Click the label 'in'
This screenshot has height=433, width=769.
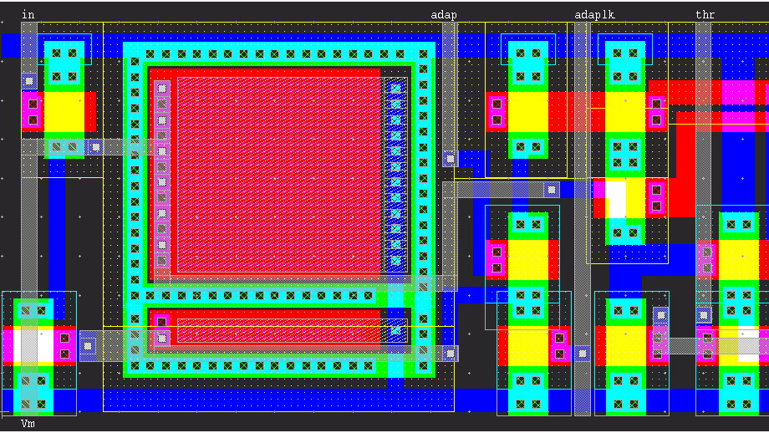(x=28, y=14)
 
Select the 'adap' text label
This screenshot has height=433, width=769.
(x=443, y=14)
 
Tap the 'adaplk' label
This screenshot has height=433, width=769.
(x=594, y=14)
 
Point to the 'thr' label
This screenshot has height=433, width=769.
(x=705, y=14)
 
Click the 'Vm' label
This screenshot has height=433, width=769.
(x=28, y=424)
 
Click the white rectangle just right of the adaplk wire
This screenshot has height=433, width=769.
(x=616, y=199)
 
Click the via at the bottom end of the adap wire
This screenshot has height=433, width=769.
(x=451, y=157)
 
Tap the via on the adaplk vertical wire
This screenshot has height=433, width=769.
(x=582, y=352)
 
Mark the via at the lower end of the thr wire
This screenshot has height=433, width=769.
(x=704, y=315)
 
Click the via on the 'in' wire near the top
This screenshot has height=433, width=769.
(x=28, y=81)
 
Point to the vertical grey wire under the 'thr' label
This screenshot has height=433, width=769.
(x=704, y=167)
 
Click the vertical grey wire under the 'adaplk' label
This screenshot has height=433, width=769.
(x=582, y=209)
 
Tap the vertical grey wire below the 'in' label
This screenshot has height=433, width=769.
(x=28, y=209)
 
